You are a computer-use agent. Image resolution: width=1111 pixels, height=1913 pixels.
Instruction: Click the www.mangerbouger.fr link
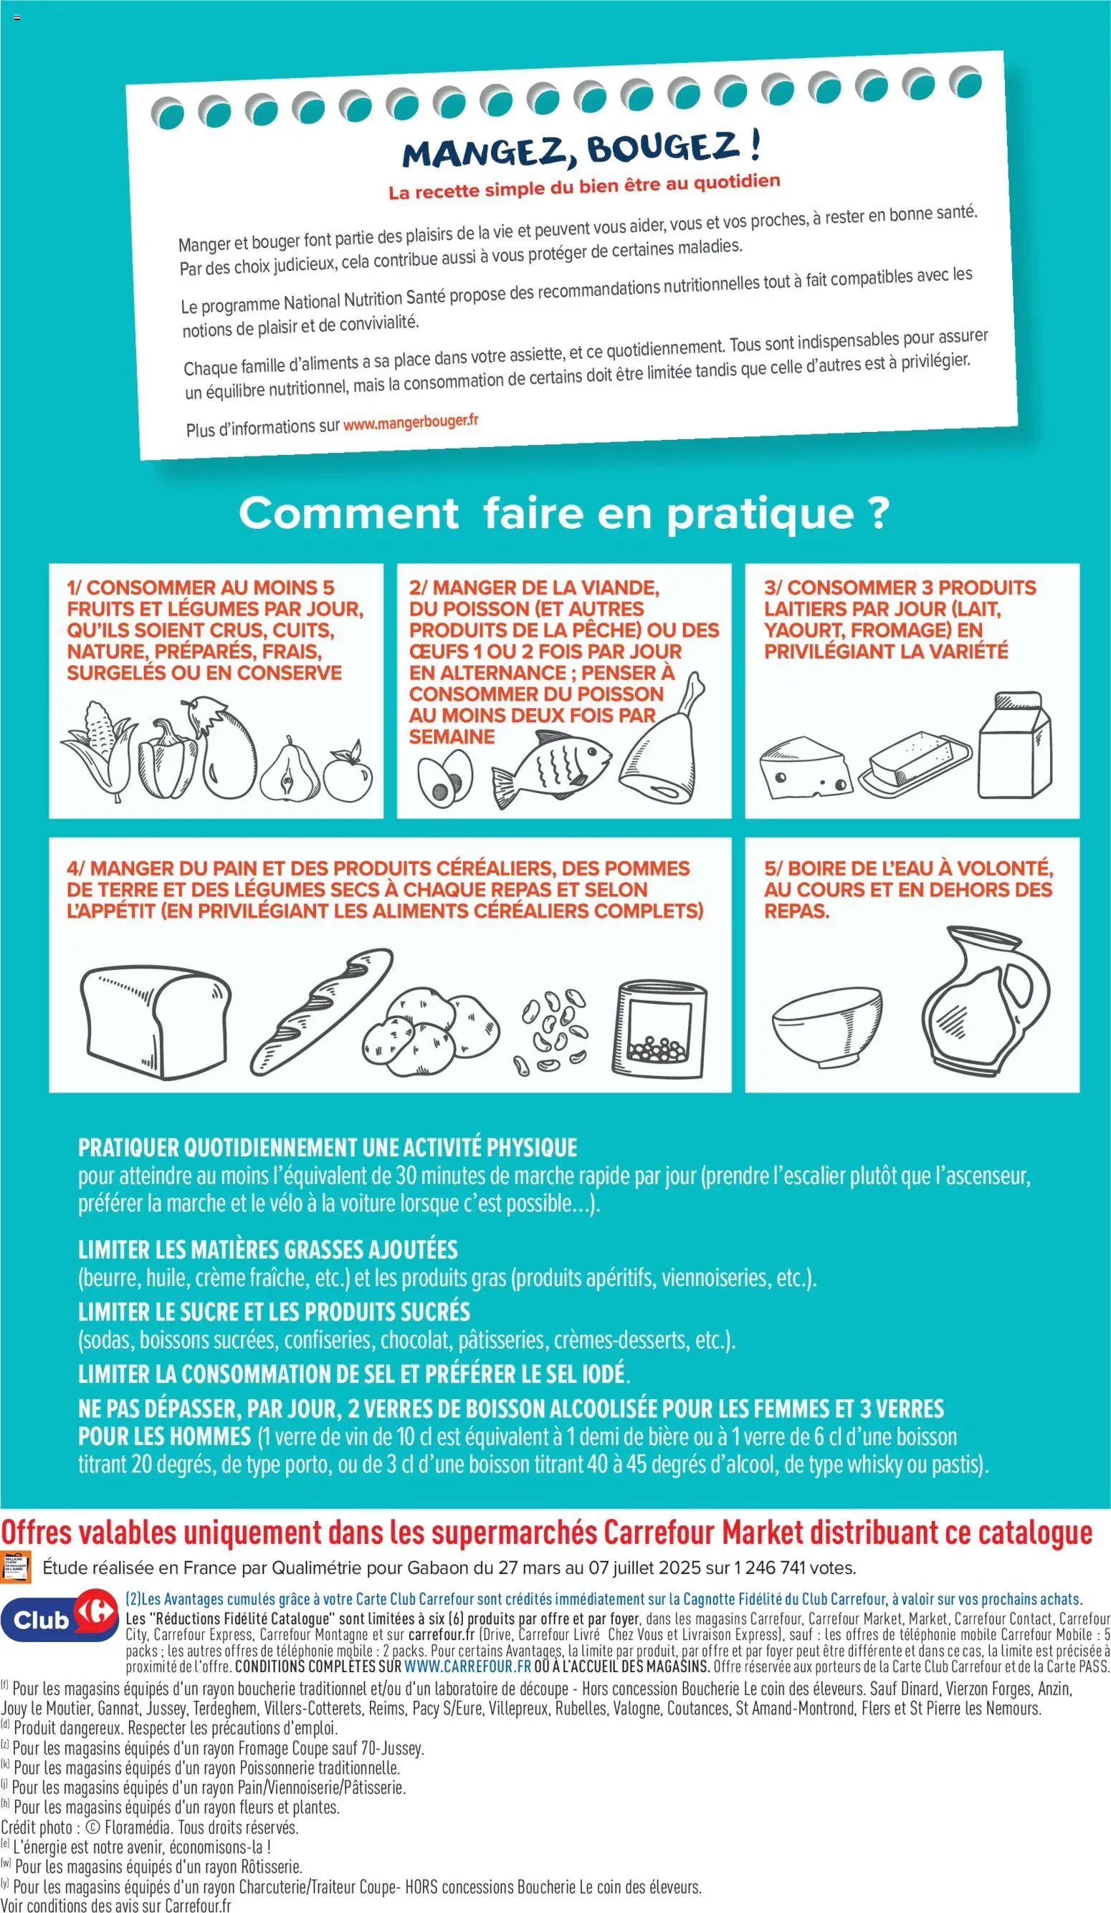(x=411, y=423)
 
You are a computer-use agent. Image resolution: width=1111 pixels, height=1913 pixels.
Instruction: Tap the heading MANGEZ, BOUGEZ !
(x=581, y=148)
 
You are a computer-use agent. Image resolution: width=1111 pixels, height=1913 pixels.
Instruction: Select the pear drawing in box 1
(x=290, y=770)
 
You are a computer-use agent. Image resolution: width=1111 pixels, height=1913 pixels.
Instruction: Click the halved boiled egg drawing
(x=446, y=779)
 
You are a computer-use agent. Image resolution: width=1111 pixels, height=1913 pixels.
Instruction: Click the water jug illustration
(x=984, y=997)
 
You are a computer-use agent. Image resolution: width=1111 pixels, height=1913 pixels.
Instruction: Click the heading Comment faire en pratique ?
(x=563, y=514)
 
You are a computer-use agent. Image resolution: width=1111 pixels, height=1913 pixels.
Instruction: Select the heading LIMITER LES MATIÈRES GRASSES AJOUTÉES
(x=268, y=1250)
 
